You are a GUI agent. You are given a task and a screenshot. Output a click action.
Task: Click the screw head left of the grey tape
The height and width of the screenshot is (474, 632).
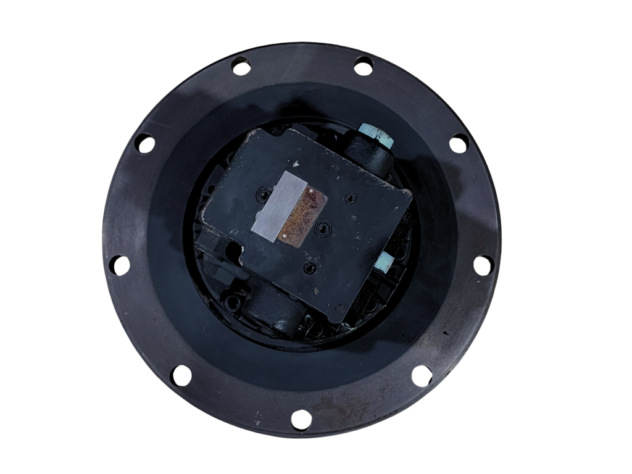click(265, 195)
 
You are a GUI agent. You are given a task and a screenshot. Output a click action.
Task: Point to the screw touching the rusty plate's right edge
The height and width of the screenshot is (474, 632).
click(322, 228)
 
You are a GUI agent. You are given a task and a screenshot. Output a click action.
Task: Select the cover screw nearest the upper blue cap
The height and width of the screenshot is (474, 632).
click(351, 197)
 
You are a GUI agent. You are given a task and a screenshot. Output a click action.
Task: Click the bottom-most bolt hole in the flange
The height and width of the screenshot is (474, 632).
click(301, 420)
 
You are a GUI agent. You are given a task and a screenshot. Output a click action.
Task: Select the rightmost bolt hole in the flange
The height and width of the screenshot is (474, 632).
click(484, 264)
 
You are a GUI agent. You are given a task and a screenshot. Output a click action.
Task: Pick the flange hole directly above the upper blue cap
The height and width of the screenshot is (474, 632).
click(364, 65)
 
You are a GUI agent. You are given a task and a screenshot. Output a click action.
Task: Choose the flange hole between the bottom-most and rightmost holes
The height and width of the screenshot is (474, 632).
click(422, 375)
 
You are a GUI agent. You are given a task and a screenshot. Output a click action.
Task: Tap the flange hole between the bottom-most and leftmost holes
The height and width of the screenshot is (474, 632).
click(180, 375)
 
